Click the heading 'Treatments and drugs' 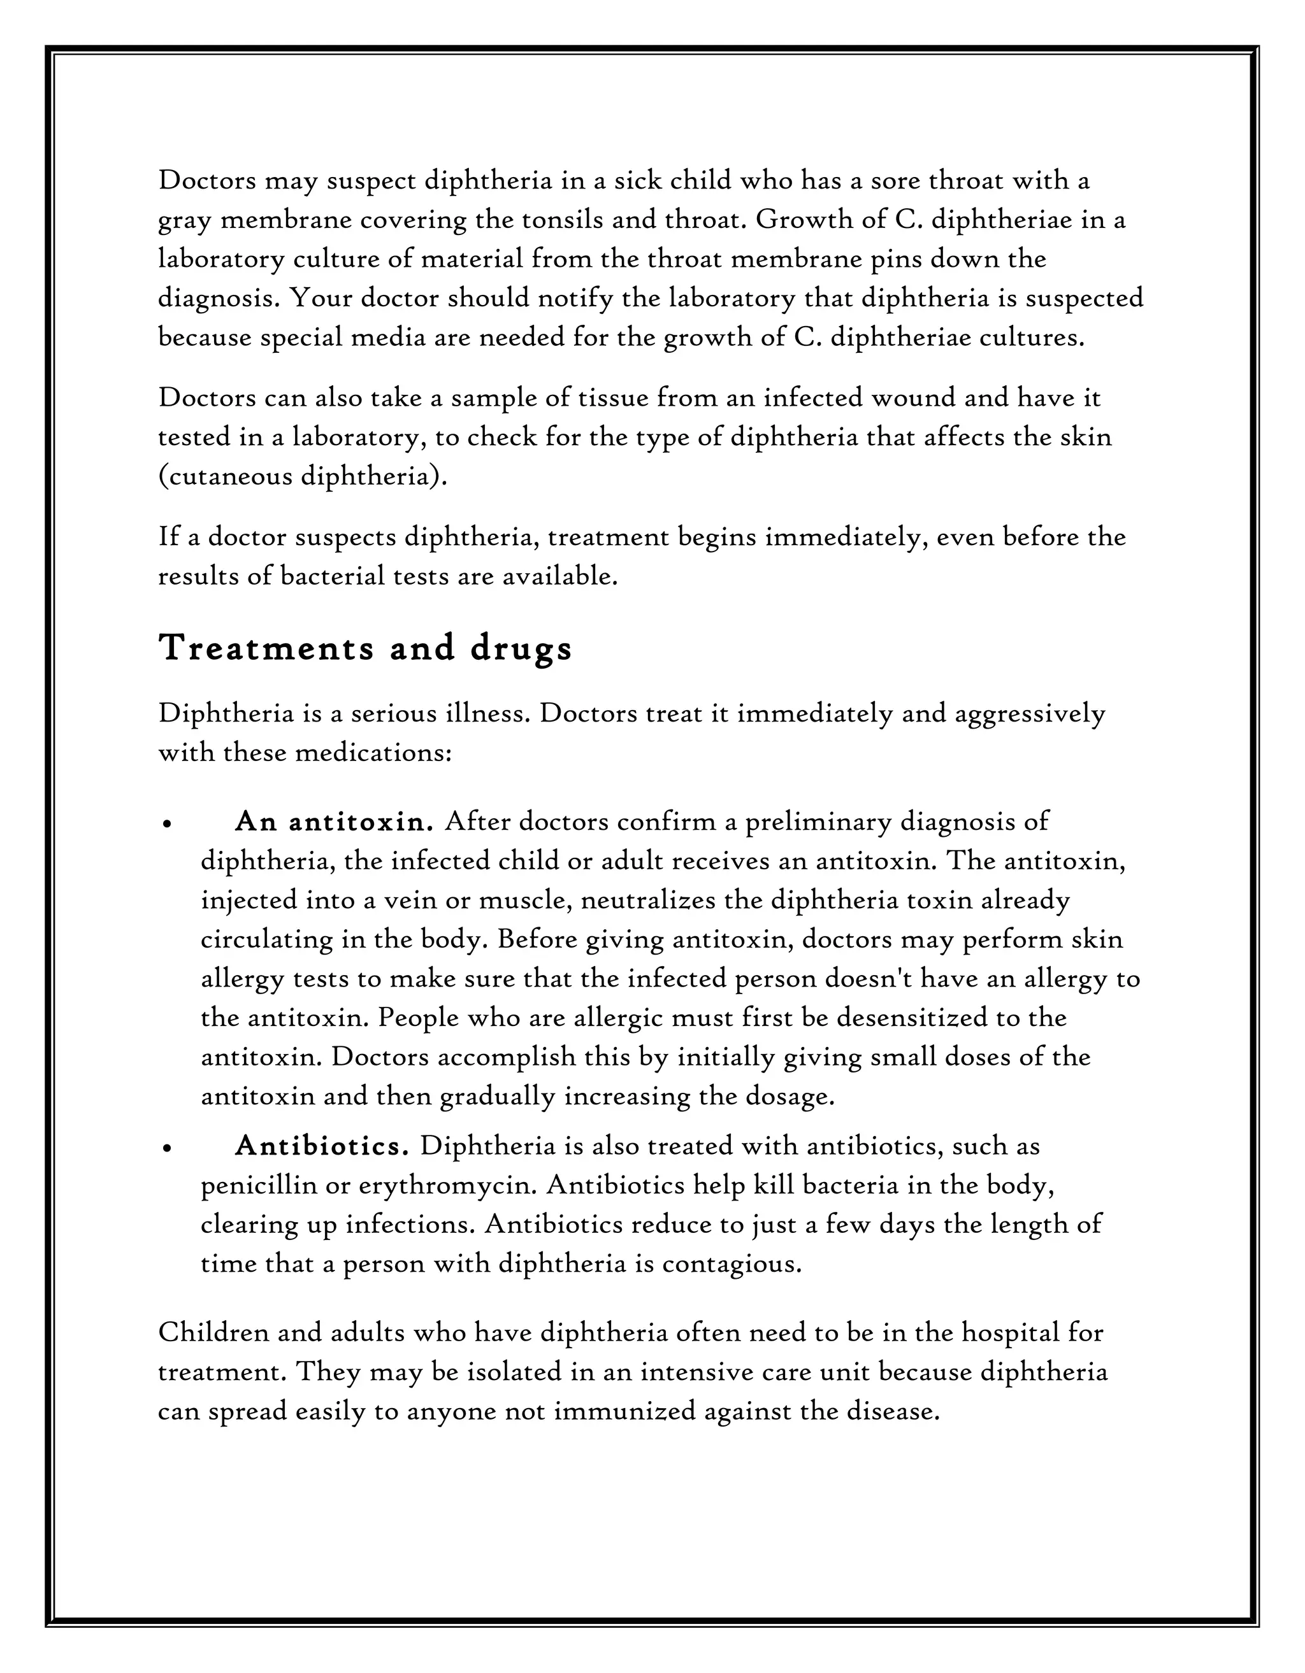click(x=366, y=649)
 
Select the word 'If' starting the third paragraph click(x=168, y=536)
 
